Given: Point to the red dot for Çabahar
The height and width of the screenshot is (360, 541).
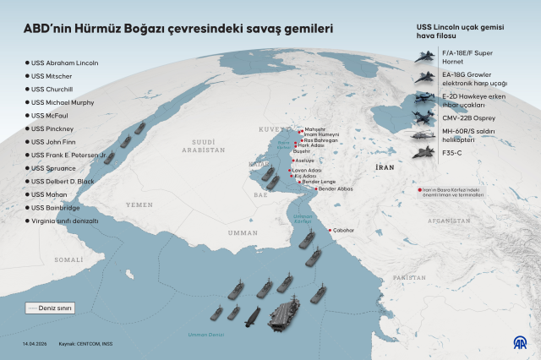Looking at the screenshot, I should coord(330,230).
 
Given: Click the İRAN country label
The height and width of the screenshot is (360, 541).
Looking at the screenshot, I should coord(385,168).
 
